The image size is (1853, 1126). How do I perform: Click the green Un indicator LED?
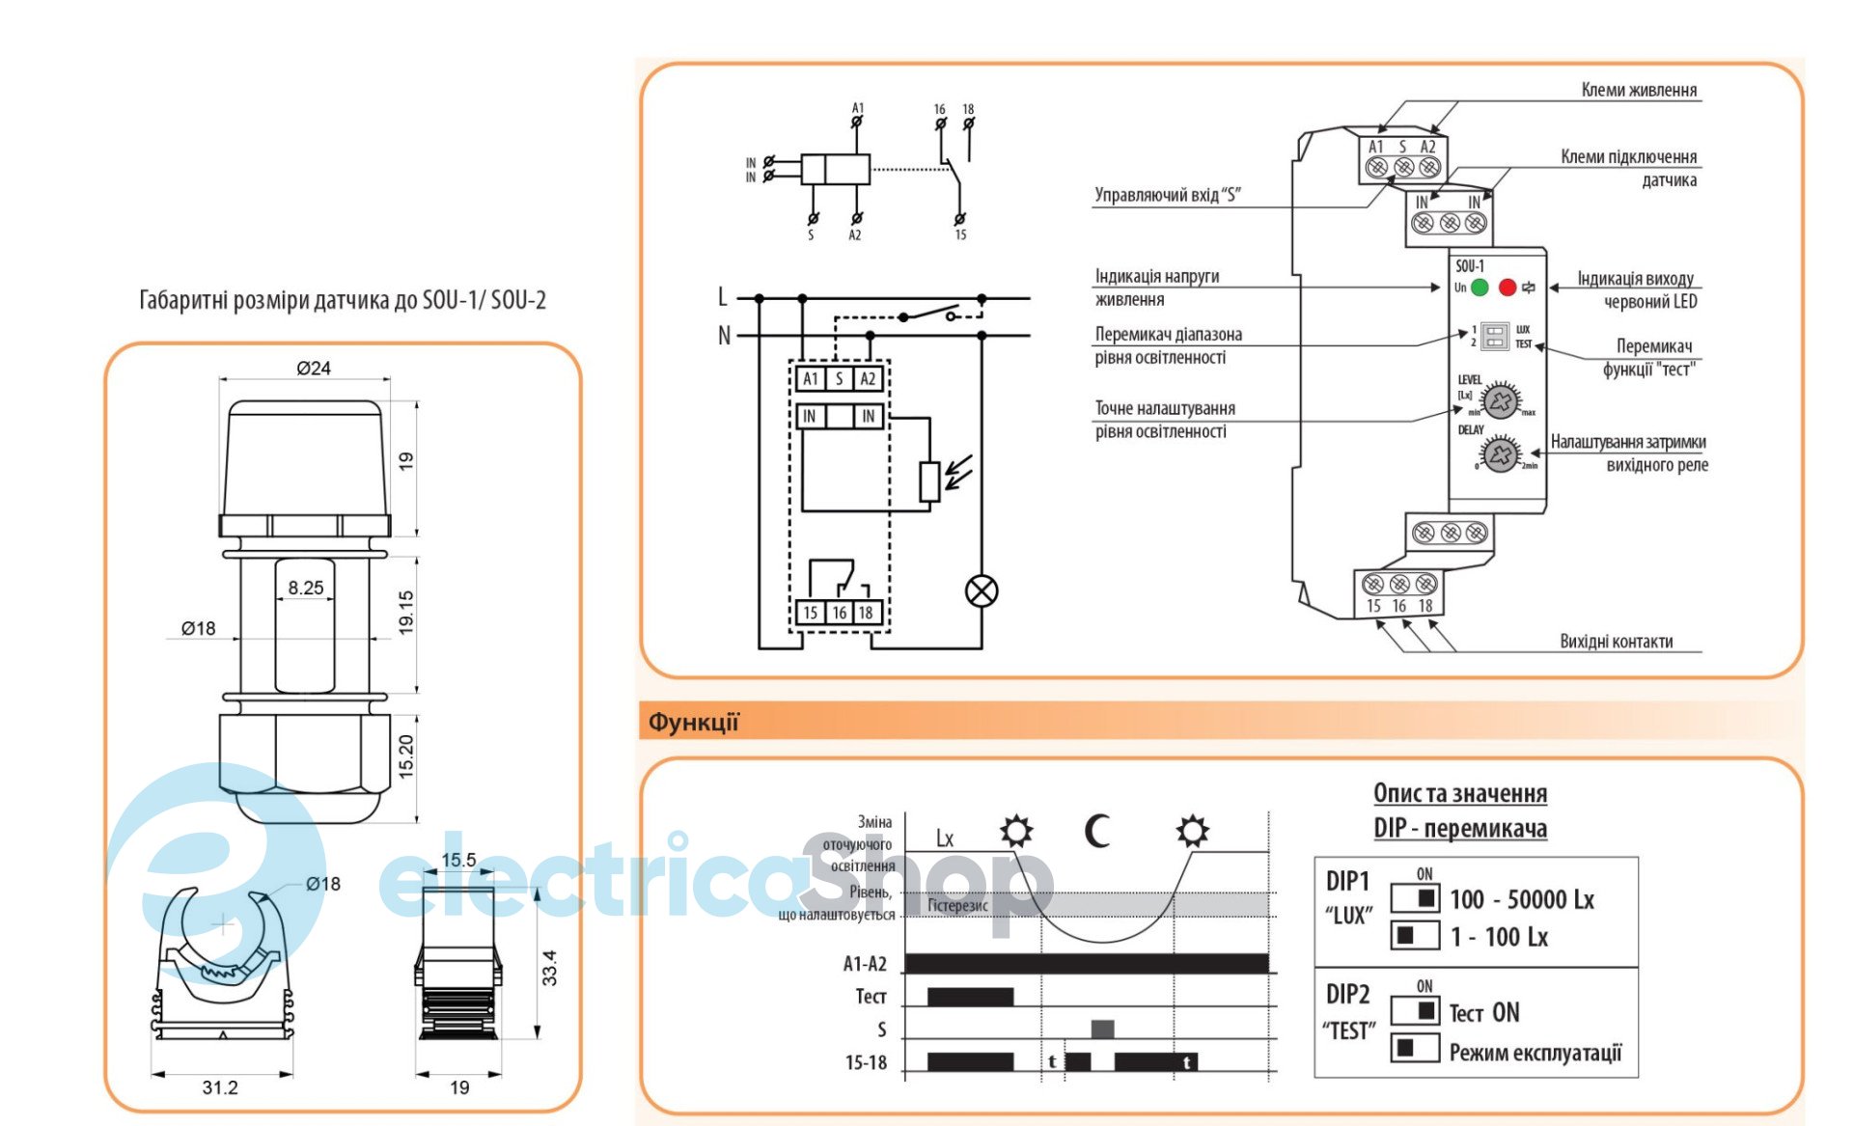(x=1480, y=288)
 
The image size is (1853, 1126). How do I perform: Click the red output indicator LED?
(x=1507, y=288)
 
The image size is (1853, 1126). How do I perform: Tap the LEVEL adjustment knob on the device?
(x=1501, y=400)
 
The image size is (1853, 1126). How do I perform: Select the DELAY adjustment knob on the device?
(x=1500, y=453)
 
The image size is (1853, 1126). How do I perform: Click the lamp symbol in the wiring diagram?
(x=982, y=590)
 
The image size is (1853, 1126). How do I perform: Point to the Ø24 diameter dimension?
(x=314, y=368)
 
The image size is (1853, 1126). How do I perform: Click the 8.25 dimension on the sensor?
(x=306, y=588)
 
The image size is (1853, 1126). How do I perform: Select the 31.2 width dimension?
(x=220, y=1087)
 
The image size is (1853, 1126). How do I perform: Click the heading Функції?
(x=693, y=722)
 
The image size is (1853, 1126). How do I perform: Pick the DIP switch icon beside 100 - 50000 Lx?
(x=1415, y=898)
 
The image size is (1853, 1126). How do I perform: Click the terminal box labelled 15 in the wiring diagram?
(x=811, y=613)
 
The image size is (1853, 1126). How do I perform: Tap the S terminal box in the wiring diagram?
(x=840, y=379)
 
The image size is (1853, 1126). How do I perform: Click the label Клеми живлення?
(x=1639, y=90)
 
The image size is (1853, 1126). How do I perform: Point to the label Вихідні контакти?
(x=1617, y=641)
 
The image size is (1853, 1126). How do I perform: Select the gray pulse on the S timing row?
(x=1102, y=1029)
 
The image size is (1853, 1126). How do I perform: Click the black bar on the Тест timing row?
(x=970, y=997)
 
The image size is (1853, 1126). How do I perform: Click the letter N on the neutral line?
(x=724, y=336)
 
